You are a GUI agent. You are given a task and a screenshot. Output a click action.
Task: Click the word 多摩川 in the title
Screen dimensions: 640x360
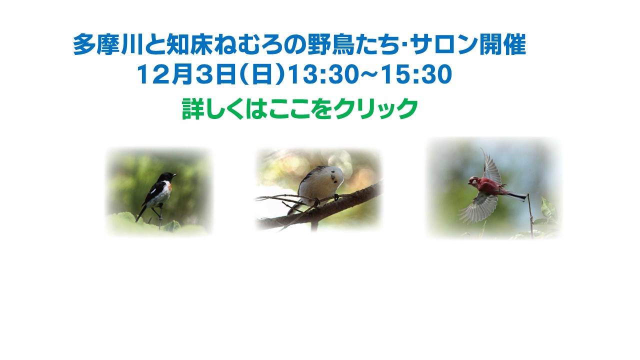107,44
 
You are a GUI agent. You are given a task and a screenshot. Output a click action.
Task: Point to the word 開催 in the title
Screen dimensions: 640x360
503,44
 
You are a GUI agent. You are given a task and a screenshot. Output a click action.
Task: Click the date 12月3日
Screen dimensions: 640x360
186,74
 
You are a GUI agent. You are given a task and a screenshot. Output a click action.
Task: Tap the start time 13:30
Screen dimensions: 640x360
322,74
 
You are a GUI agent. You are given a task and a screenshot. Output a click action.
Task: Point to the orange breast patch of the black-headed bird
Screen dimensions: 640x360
169,187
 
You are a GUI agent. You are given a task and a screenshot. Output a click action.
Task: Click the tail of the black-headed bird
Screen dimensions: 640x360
141,213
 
